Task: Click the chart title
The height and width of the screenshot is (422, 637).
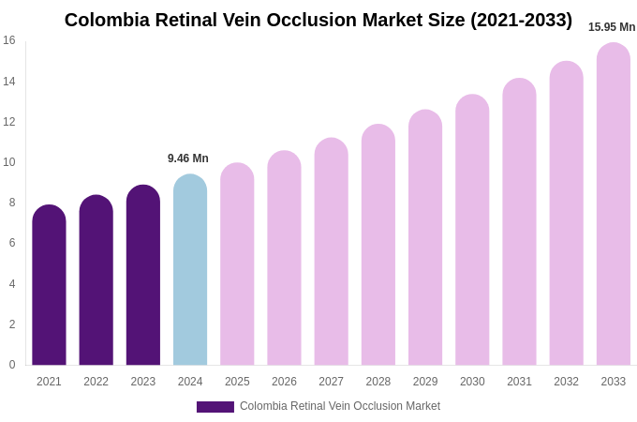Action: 318,20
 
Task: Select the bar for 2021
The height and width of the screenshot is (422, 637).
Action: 49,286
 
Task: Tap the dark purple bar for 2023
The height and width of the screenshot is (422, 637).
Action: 143,276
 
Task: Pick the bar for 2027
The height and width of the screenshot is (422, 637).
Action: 331,252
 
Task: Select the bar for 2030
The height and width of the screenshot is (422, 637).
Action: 472,231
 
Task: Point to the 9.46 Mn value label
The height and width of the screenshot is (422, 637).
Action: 188,158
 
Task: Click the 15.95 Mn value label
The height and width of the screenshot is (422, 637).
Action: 612,27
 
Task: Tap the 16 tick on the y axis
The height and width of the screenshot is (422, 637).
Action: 9,40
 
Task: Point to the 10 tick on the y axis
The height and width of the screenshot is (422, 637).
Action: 9,162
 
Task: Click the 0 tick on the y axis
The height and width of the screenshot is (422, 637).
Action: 11,365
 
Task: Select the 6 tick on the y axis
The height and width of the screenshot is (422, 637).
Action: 11,243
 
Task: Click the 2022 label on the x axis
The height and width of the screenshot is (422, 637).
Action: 96,382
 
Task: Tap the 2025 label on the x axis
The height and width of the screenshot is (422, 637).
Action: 237,382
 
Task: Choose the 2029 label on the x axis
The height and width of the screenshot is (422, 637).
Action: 425,382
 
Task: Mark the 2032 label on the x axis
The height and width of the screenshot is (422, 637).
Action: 566,382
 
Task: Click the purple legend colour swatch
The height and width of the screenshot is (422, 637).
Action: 215,407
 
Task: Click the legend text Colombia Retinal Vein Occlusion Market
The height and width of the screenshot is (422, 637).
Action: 340,406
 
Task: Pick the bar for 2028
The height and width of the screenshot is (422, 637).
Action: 378,246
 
